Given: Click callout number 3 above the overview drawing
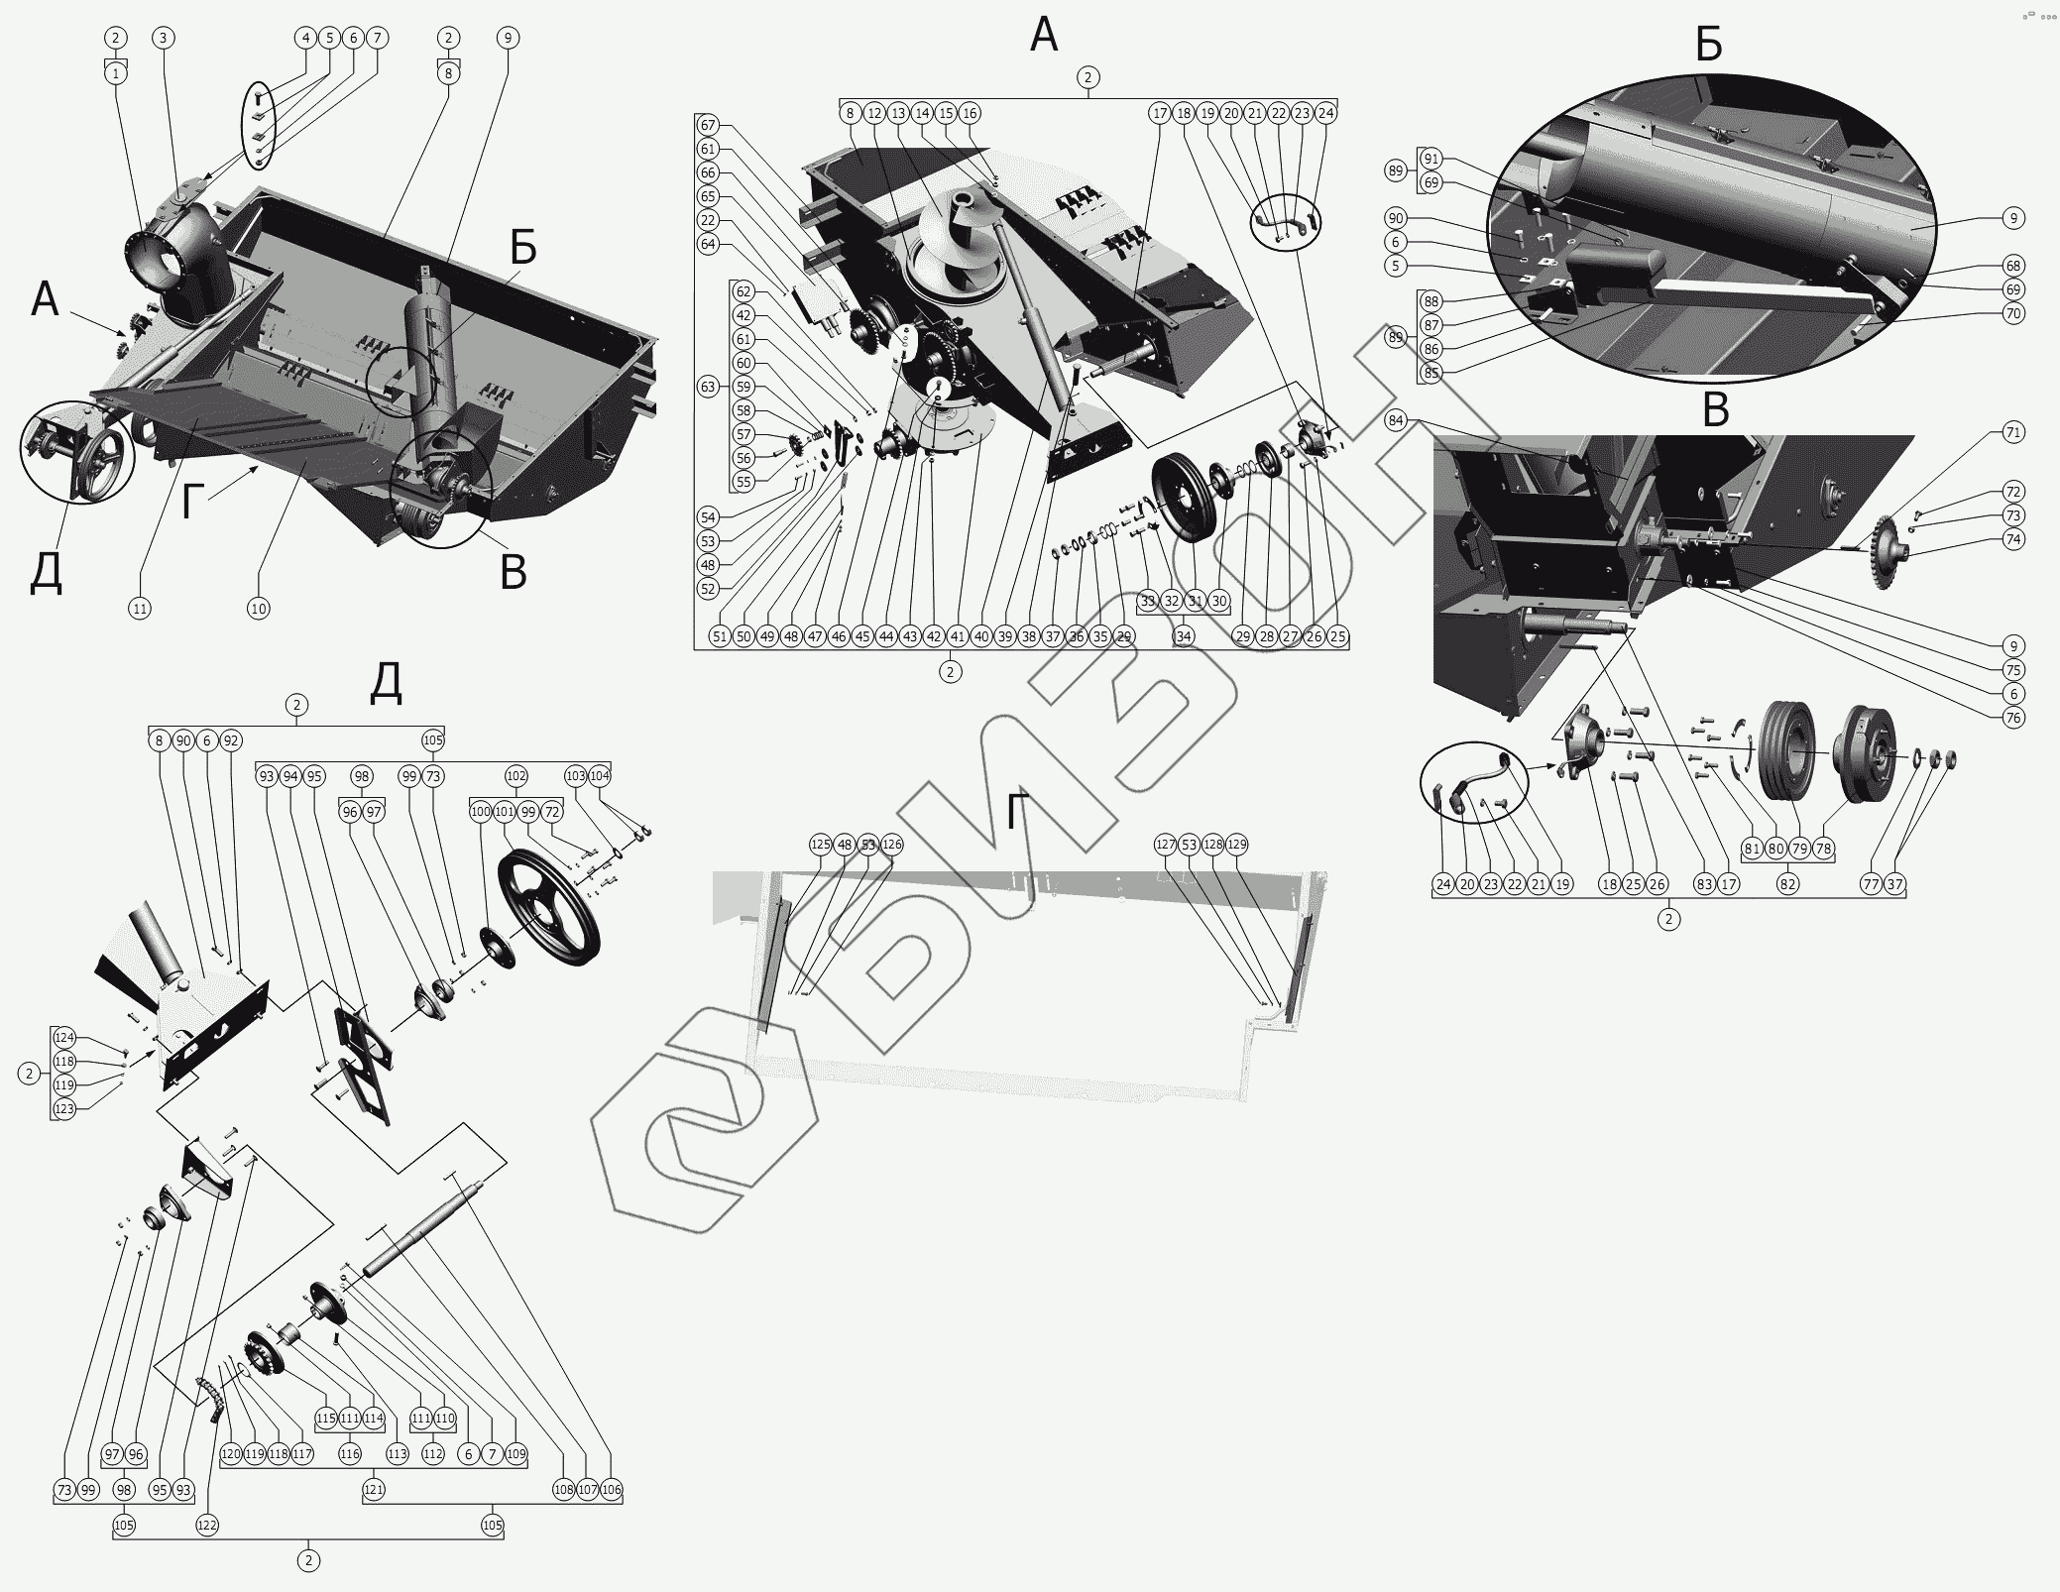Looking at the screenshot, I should click(x=164, y=38).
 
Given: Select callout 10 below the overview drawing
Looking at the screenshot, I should click(x=258, y=609).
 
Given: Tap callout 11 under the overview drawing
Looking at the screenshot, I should click(x=140, y=609).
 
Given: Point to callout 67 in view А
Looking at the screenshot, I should click(x=708, y=125).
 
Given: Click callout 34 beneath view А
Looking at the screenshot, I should click(x=1184, y=636).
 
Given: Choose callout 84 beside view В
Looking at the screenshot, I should click(x=1397, y=420).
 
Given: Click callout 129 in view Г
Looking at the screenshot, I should click(x=1236, y=845).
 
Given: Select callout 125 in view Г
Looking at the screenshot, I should click(x=820, y=845).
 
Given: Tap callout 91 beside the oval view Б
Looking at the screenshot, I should click(x=1431, y=159).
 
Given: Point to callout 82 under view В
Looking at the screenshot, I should click(x=1787, y=884).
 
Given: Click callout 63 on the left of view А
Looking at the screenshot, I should click(x=708, y=387).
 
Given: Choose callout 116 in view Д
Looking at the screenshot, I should click(x=350, y=1454).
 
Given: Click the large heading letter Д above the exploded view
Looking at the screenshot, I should click(x=386, y=683).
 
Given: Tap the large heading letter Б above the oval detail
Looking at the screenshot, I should click(x=1708, y=44).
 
